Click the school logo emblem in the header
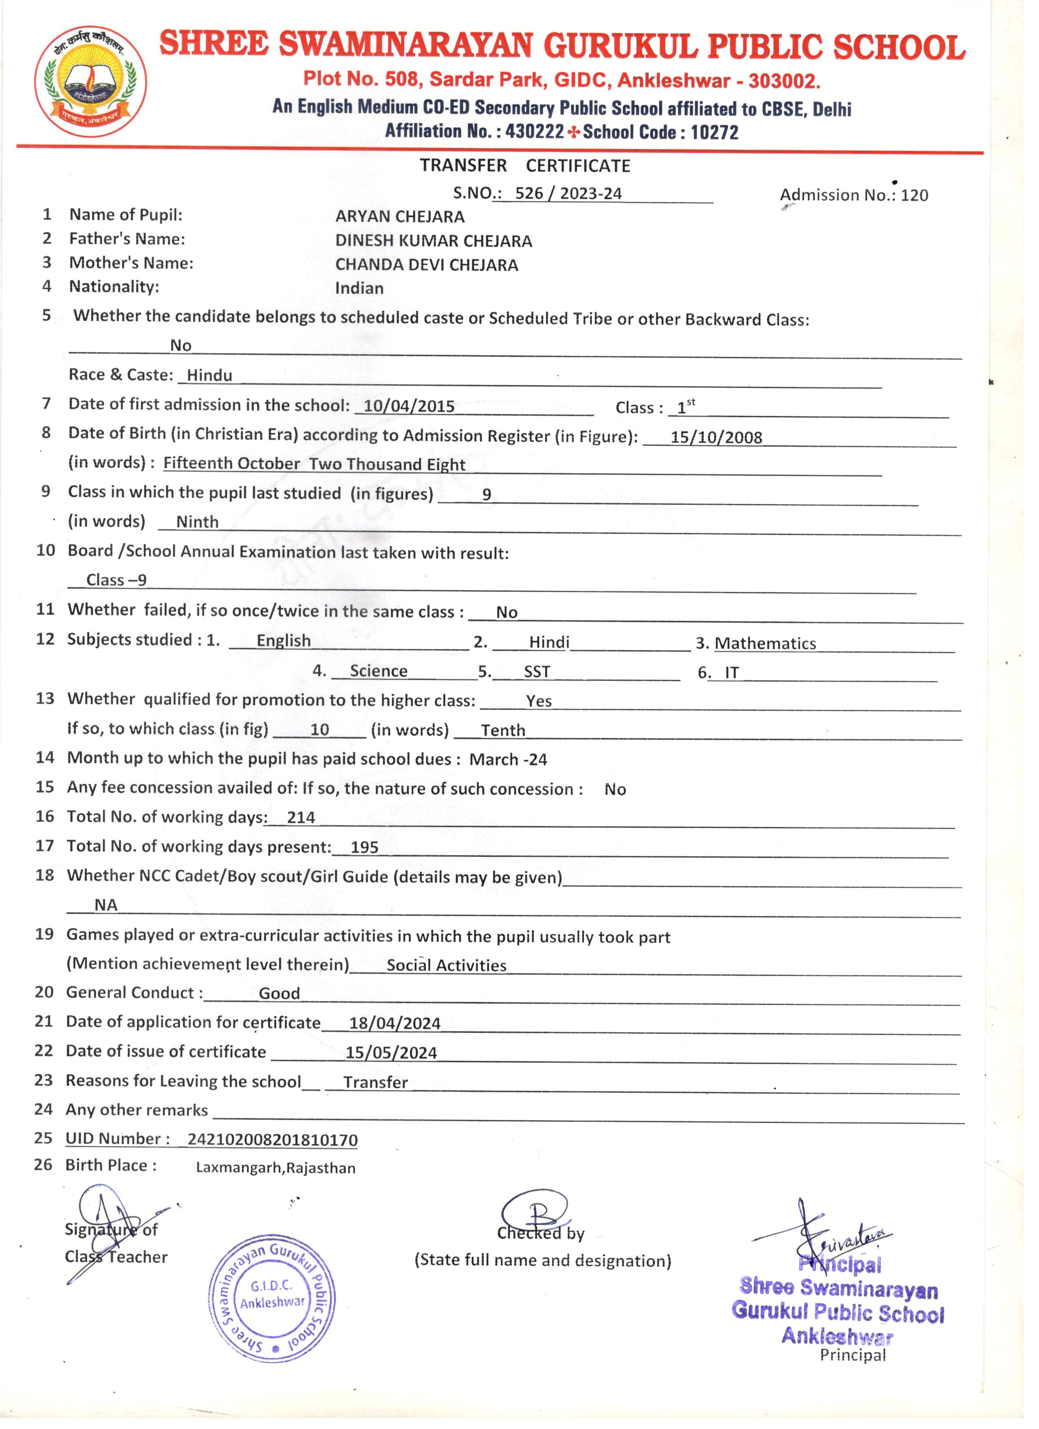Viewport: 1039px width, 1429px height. [91, 82]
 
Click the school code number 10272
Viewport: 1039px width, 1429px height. [714, 133]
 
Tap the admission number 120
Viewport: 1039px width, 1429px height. [914, 195]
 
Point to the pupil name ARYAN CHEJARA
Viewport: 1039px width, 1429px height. [399, 217]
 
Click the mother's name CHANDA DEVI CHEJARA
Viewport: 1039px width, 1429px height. [427, 265]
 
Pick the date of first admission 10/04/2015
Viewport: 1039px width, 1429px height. [409, 406]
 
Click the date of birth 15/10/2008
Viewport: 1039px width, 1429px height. [716, 437]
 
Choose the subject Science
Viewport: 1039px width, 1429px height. [378, 671]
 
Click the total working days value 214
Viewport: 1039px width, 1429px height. [301, 818]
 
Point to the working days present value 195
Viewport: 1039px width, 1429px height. [364, 848]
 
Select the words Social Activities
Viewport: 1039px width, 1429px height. [446, 965]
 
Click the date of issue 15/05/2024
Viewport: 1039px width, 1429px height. [391, 1053]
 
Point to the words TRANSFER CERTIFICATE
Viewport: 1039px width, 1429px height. [525, 166]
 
